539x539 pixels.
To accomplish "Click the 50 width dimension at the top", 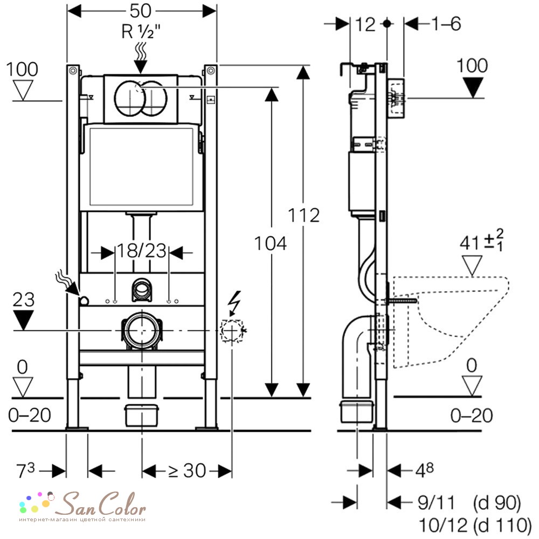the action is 140,11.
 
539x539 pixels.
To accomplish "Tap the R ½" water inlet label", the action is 141,32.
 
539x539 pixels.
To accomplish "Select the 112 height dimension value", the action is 303,216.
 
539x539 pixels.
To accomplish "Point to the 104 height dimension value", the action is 270,243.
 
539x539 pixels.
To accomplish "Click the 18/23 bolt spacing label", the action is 142,251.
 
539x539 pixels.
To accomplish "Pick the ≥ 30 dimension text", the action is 187,470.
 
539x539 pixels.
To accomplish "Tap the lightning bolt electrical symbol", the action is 236,303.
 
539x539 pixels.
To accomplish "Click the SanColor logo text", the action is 100,504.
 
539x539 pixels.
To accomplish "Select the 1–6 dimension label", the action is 446,24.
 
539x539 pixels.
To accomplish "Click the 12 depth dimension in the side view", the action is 365,25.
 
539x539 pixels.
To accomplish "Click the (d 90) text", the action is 497,503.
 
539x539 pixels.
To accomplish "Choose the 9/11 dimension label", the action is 436,503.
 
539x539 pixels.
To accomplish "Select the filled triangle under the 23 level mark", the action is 23,320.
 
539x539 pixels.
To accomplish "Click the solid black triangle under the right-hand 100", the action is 473,87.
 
